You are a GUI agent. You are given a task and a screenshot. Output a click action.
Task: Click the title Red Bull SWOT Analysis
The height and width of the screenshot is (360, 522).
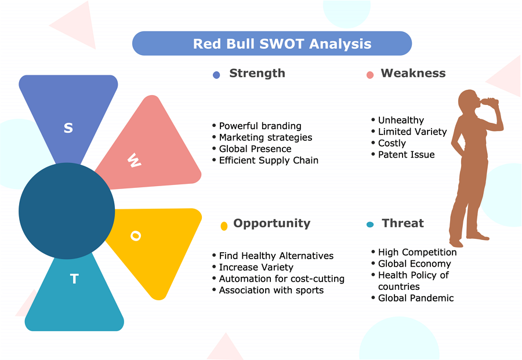pos(282,43)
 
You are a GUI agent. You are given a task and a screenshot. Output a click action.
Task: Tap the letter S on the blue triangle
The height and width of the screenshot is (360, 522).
pos(68,128)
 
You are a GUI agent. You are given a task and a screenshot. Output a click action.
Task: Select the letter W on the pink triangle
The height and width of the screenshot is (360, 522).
pos(134,161)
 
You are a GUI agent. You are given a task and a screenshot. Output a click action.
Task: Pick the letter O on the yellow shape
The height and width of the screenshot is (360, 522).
pos(136,235)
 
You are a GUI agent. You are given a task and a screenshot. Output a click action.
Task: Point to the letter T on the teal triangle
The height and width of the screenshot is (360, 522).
pos(74,278)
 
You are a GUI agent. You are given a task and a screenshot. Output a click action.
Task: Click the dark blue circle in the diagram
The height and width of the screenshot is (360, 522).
pos(67,211)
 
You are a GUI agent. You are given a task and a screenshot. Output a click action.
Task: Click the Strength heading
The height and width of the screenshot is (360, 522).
pos(257,73)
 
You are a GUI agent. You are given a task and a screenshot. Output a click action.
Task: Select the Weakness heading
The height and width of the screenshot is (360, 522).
pos(413,73)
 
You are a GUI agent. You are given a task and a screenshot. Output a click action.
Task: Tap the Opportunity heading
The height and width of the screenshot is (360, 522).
pos(271,223)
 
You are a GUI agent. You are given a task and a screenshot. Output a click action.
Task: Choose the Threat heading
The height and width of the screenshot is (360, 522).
pos(403,223)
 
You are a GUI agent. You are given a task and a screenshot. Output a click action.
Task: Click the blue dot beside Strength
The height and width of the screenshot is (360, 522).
pos(216,75)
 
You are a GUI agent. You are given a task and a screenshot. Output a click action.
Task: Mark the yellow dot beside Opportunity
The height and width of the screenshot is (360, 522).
pos(224,226)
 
